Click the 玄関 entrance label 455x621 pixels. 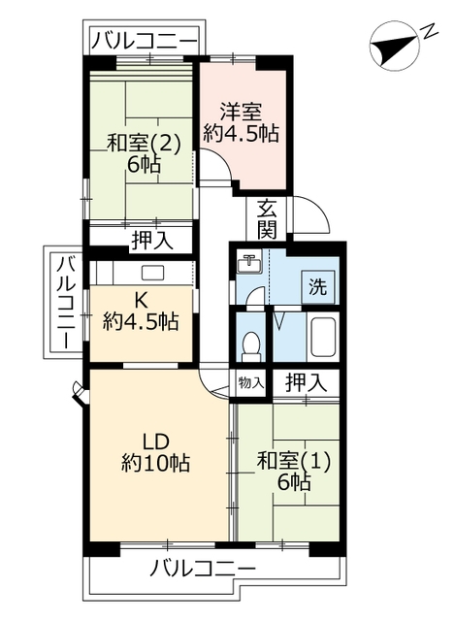click(268, 218)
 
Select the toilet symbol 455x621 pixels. click(250, 344)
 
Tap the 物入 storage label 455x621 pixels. click(250, 382)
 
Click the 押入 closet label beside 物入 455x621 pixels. click(305, 382)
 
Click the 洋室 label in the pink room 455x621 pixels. click(241, 111)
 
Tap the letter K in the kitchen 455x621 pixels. click(141, 300)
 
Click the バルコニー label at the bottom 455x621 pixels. click(203, 569)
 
